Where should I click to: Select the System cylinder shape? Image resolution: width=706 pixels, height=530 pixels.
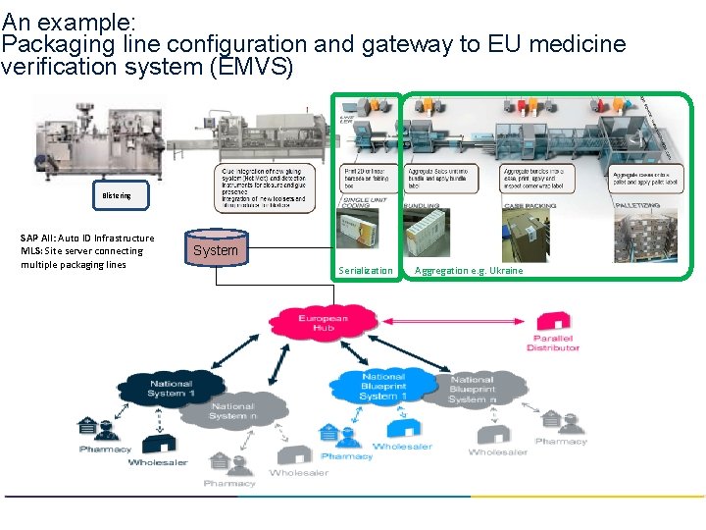click(x=216, y=250)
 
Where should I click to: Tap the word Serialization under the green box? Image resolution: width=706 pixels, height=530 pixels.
click(x=365, y=271)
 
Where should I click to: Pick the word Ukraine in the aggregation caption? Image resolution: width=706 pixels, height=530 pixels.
click(x=506, y=271)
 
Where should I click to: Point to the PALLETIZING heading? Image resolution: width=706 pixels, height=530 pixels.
click(x=642, y=205)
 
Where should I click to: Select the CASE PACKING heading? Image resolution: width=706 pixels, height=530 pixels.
click(x=529, y=205)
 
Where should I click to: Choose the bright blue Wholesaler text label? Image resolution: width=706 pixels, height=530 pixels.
click(x=402, y=447)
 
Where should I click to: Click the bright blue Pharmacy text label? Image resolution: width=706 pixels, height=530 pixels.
click(x=346, y=456)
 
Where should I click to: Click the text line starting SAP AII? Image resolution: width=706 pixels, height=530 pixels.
click(x=87, y=238)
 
